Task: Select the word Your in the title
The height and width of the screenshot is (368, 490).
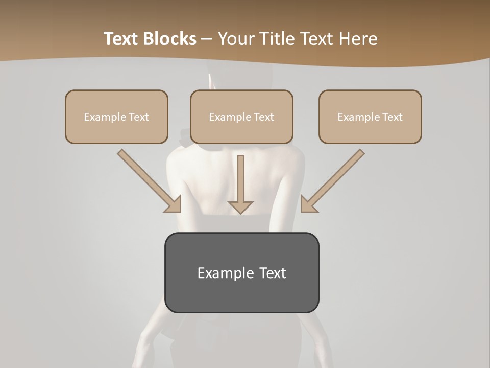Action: click(x=234, y=39)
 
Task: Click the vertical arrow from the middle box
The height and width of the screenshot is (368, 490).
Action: click(x=241, y=179)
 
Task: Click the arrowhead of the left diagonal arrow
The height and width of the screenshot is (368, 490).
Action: click(x=174, y=204)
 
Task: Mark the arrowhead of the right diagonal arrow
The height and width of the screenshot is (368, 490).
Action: click(x=308, y=204)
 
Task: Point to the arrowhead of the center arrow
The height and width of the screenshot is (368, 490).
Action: click(x=241, y=207)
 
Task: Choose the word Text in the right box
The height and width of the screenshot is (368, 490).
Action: click(x=393, y=117)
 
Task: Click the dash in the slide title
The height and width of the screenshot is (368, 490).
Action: click(x=207, y=39)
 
